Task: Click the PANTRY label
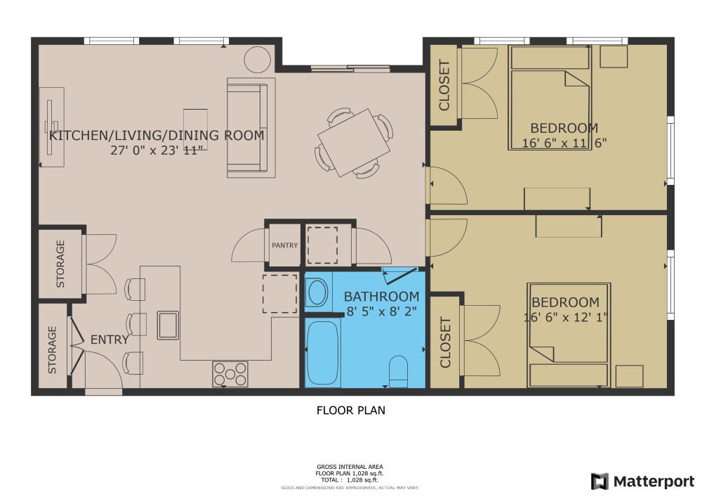[x=285, y=245]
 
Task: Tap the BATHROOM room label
[x=381, y=297]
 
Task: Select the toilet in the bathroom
[x=398, y=371]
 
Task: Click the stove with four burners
[x=230, y=373]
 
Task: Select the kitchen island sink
[x=168, y=325]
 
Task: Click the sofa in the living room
[x=246, y=127]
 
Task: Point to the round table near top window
[x=257, y=59]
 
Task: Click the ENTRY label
[x=110, y=340]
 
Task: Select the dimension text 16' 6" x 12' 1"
[x=566, y=317]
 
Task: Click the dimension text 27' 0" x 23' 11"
[x=157, y=150]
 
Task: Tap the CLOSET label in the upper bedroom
[x=444, y=86]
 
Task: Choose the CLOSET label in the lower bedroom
[x=444, y=342]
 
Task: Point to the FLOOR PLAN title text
[x=351, y=410]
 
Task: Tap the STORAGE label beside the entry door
[x=52, y=349]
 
